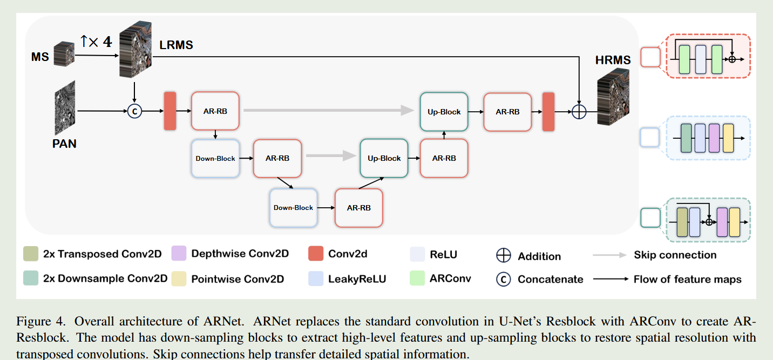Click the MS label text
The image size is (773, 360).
point(40,57)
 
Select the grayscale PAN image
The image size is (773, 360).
point(65,108)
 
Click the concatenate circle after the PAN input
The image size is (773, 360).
point(134,111)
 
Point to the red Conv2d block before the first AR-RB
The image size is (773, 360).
point(170,111)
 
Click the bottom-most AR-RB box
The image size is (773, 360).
point(359,208)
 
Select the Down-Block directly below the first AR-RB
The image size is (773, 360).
point(215,159)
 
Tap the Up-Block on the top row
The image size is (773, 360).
point(444,112)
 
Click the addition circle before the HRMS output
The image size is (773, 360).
point(579,112)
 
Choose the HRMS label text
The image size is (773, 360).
point(613,60)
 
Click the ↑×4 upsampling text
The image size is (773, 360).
point(96,42)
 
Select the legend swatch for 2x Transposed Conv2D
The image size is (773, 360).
point(30,254)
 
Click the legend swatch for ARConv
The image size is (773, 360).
point(417,279)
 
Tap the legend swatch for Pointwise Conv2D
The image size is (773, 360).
point(179,279)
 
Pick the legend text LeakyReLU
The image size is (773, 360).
point(357,279)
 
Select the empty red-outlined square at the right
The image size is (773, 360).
point(650,57)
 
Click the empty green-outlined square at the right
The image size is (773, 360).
point(650,219)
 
